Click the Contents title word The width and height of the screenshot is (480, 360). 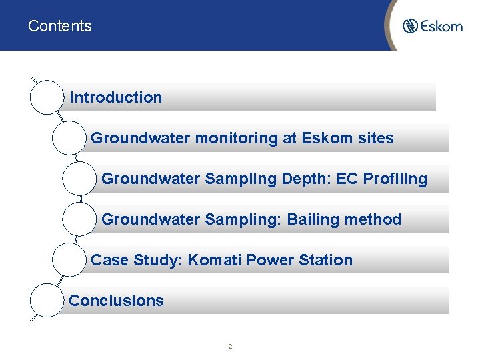[60, 27]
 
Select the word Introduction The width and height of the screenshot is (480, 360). [116, 97]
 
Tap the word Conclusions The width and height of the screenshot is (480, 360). [116, 301]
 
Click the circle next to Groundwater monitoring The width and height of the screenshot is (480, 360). [68, 137]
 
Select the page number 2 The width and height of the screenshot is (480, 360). [230, 347]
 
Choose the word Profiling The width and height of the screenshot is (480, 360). [395, 179]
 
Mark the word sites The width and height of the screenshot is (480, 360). [375, 138]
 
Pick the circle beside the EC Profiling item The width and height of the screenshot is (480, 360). [79, 178]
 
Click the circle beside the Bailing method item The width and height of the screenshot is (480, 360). [79, 219]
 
